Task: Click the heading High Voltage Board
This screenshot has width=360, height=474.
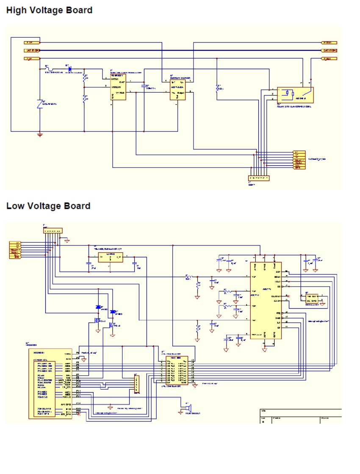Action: (49, 10)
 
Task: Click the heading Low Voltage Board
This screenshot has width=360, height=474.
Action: (48, 206)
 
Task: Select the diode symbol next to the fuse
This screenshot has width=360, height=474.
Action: (69, 68)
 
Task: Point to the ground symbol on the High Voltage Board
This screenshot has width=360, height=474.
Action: (40, 135)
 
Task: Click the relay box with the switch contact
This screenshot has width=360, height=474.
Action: (295, 95)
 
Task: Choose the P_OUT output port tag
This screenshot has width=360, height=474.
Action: (330, 43)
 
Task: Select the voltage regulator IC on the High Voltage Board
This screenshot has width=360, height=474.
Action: (118, 88)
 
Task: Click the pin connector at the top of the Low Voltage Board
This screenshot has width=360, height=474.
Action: (53, 231)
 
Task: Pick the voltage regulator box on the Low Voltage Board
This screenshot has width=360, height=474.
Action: (110, 257)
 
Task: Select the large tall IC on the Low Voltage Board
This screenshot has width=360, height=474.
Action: (266, 300)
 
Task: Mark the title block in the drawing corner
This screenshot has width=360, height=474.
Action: (300, 416)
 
